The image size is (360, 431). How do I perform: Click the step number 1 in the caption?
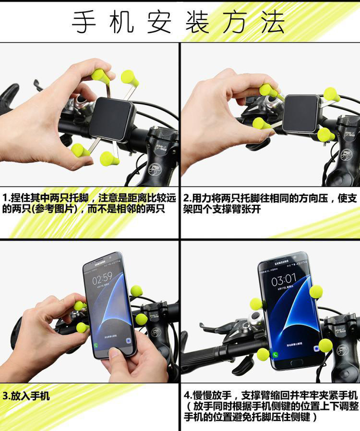5,198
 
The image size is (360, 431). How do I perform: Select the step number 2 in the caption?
186,198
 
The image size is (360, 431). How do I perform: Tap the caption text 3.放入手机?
26,396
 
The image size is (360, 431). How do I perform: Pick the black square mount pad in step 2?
301,114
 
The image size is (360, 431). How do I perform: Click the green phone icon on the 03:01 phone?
275,355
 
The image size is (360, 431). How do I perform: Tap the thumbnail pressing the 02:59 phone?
113,353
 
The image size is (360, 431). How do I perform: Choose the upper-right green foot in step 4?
316,291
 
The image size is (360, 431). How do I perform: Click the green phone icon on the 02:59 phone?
96,345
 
